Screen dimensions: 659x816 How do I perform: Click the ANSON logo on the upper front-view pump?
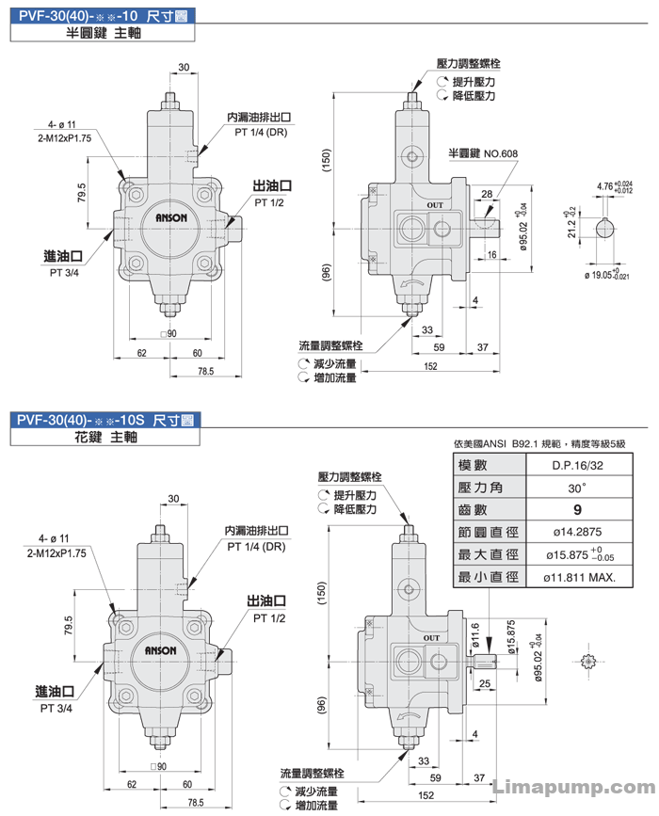click(171, 217)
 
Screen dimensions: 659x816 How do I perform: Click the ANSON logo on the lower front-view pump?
click(160, 650)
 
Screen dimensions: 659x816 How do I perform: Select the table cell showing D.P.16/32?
click(577, 465)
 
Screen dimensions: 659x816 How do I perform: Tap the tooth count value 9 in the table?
click(577, 510)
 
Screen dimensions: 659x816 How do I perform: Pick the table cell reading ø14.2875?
click(577, 532)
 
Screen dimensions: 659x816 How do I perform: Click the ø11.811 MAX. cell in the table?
click(579, 577)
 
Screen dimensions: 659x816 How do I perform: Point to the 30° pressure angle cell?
click(577, 488)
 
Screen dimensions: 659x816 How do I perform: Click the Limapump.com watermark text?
click(573, 787)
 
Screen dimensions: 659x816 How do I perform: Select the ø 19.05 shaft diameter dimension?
click(607, 274)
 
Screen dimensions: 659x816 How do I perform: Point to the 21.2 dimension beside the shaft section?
click(571, 224)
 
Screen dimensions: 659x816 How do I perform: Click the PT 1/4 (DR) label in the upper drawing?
click(261, 132)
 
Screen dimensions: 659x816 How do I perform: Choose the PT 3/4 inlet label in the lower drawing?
click(56, 709)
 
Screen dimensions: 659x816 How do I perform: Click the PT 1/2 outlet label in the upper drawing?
click(269, 202)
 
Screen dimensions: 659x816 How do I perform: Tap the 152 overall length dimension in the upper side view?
click(430, 366)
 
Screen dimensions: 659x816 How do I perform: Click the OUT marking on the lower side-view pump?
click(431, 638)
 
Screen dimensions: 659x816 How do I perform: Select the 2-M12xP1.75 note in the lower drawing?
click(56, 553)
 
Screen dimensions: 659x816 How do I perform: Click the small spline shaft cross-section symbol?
click(587, 662)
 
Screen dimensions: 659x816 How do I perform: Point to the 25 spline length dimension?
click(485, 683)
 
